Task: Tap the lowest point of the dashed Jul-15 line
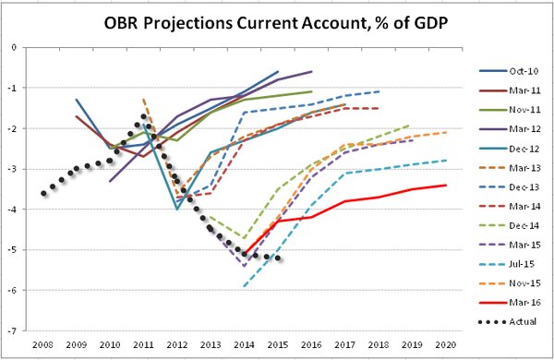(x=245, y=286)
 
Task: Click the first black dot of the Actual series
(x=43, y=193)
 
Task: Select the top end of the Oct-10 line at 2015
(x=278, y=71)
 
